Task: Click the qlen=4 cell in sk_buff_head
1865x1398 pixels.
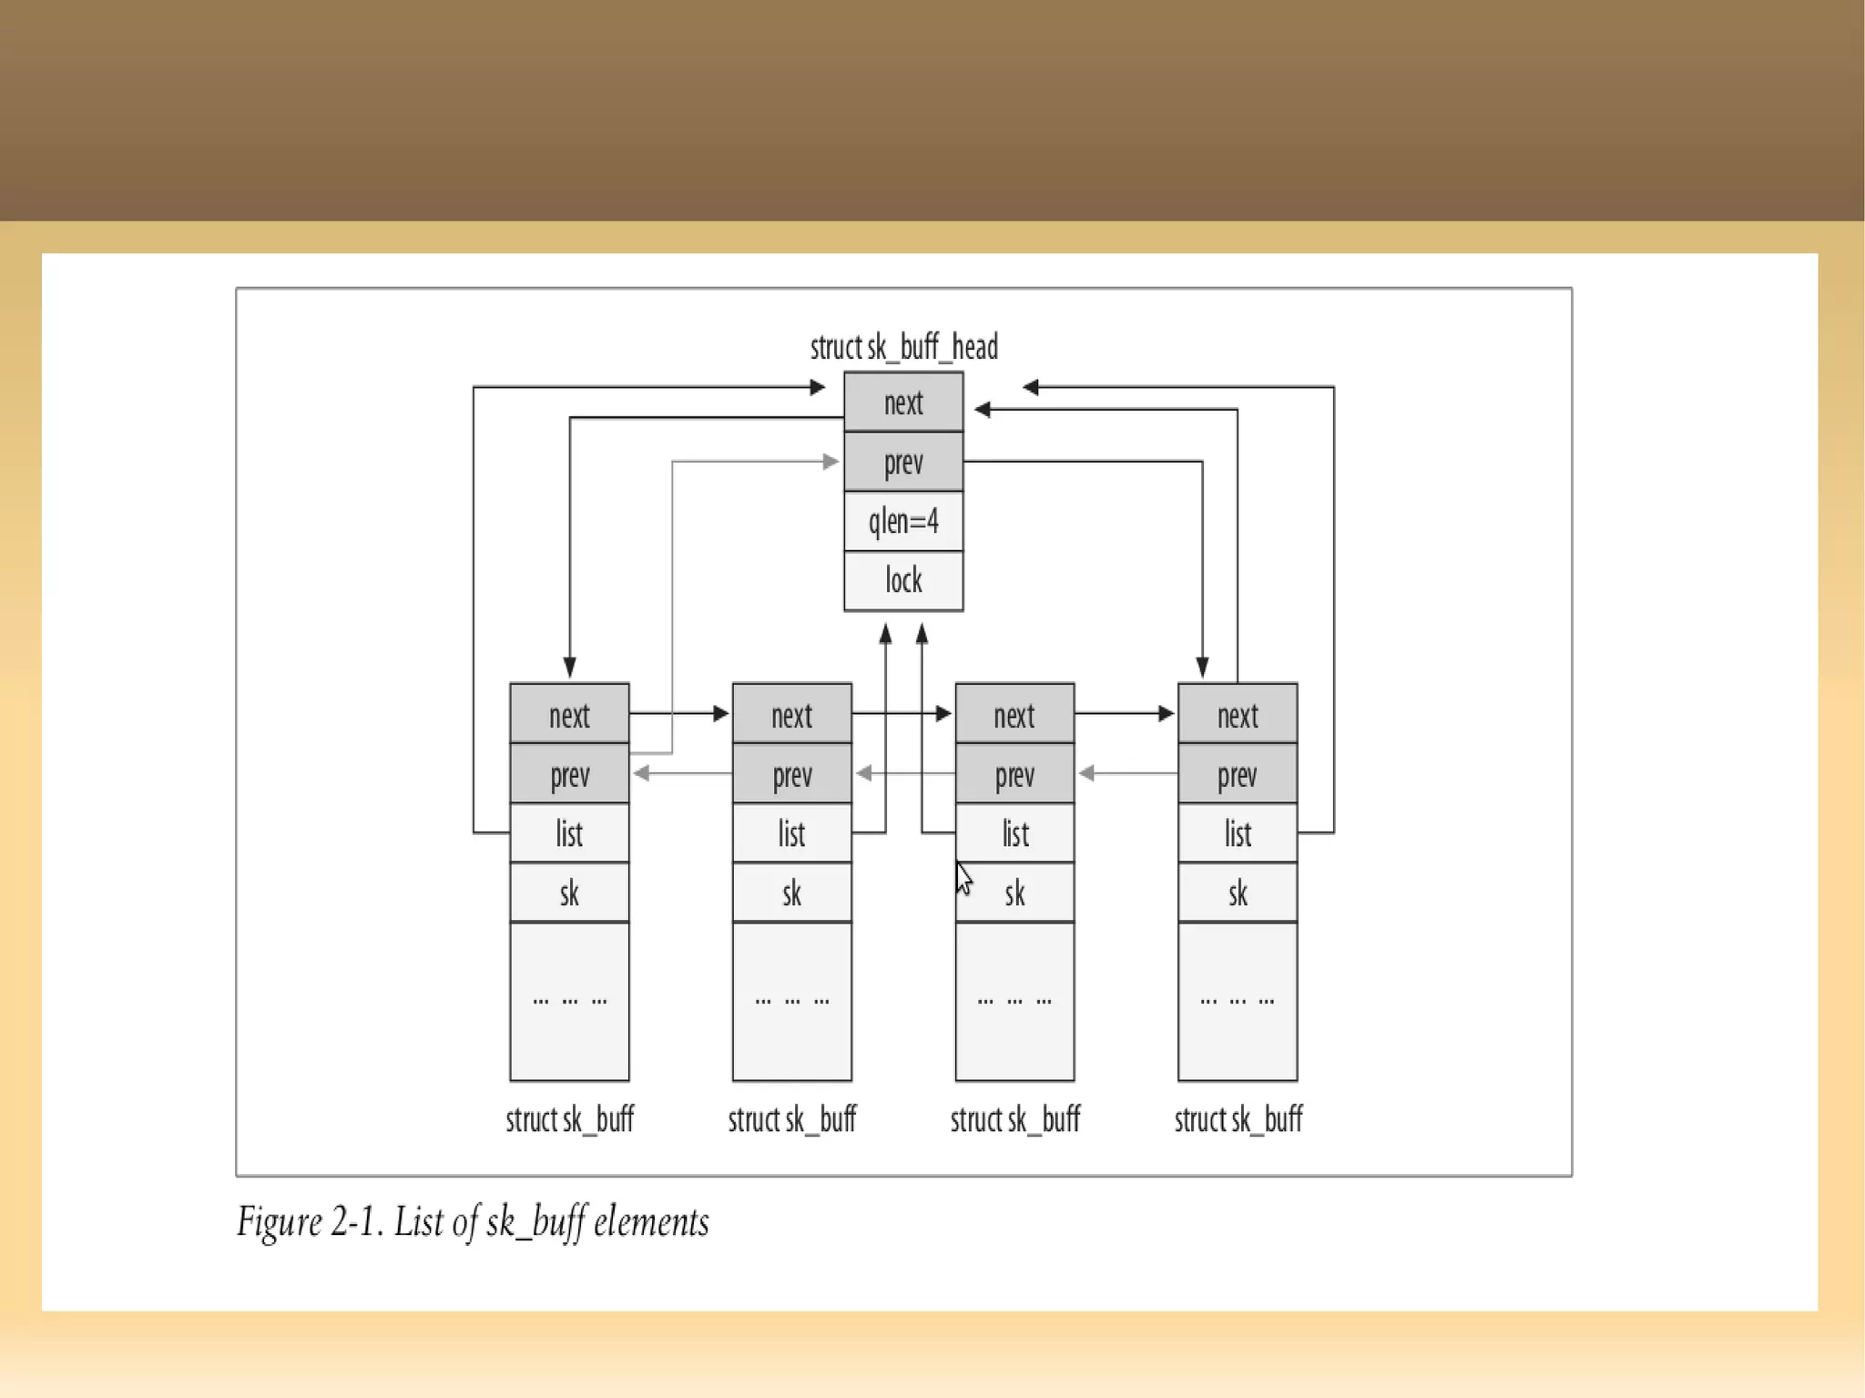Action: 902,522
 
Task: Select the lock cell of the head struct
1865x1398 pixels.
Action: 902,580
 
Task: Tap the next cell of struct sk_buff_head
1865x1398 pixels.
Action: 902,403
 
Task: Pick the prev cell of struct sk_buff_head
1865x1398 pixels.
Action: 902,463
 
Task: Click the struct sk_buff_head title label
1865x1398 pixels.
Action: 903,347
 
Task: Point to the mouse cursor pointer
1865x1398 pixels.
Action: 963,878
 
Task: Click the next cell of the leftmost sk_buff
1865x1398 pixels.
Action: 569,715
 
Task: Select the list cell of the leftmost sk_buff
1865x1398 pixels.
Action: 569,833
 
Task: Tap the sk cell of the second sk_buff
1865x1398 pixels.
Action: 791,893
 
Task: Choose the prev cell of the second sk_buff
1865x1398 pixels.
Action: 791,775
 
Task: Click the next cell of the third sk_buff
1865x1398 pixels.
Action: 1014,715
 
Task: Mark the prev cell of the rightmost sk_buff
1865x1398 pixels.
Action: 1237,775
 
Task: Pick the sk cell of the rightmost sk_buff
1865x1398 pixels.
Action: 1237,893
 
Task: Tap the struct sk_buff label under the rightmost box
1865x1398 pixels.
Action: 1238,1119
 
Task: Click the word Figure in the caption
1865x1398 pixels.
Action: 280,1222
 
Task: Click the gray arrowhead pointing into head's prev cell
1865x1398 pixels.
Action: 831,462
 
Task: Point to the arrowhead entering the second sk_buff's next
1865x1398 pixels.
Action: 721,713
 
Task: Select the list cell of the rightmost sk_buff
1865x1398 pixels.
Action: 1237,833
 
